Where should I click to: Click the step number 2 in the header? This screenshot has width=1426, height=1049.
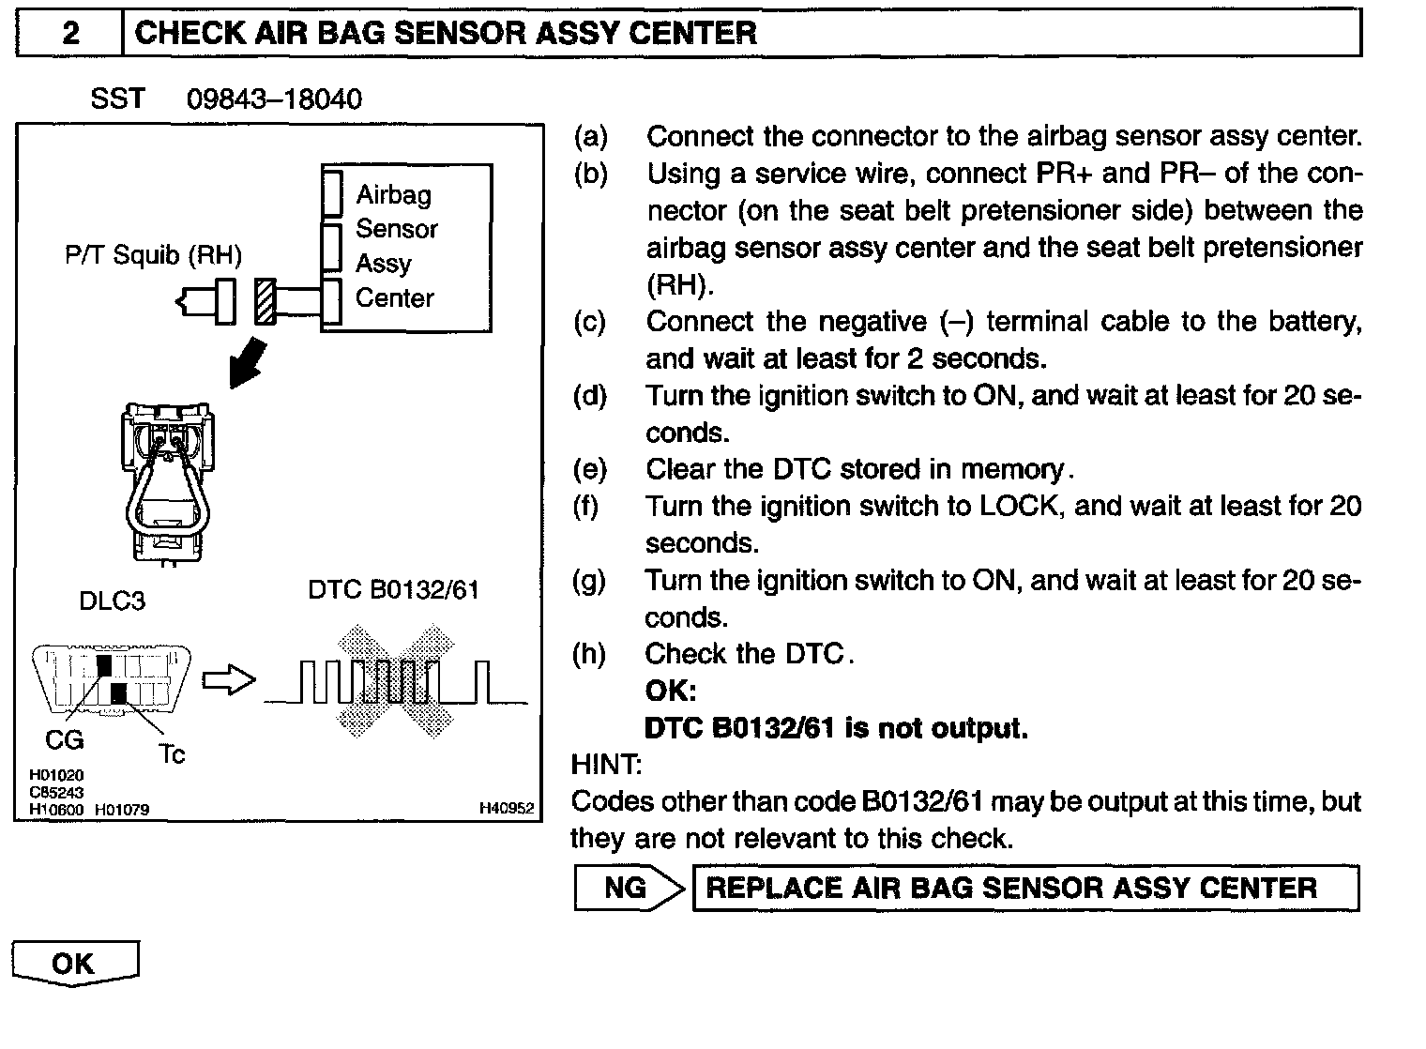(70, 34)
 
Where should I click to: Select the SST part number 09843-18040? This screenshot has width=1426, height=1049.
(274, 99)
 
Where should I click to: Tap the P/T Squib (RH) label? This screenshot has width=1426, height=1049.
(153, 254)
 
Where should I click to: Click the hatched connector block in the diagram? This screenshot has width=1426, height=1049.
(265, 301)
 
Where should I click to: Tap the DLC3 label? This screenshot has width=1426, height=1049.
(113, 601)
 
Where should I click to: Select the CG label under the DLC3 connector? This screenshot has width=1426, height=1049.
(65, 740)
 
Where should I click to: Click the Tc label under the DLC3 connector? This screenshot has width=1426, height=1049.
(172, 753)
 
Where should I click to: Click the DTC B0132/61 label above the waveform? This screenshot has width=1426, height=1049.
(393, 589)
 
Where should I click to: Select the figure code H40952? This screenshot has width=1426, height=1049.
(506, 808)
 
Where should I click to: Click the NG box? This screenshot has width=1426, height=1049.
(626, 888)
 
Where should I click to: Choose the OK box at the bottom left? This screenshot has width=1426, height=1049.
(74, 964)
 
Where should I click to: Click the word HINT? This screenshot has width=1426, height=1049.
(606, 765)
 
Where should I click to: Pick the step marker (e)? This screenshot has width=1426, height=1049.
(590, 469)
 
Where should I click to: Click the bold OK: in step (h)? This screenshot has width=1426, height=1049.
(671, 692)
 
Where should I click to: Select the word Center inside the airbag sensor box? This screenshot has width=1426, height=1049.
(395, 298)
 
